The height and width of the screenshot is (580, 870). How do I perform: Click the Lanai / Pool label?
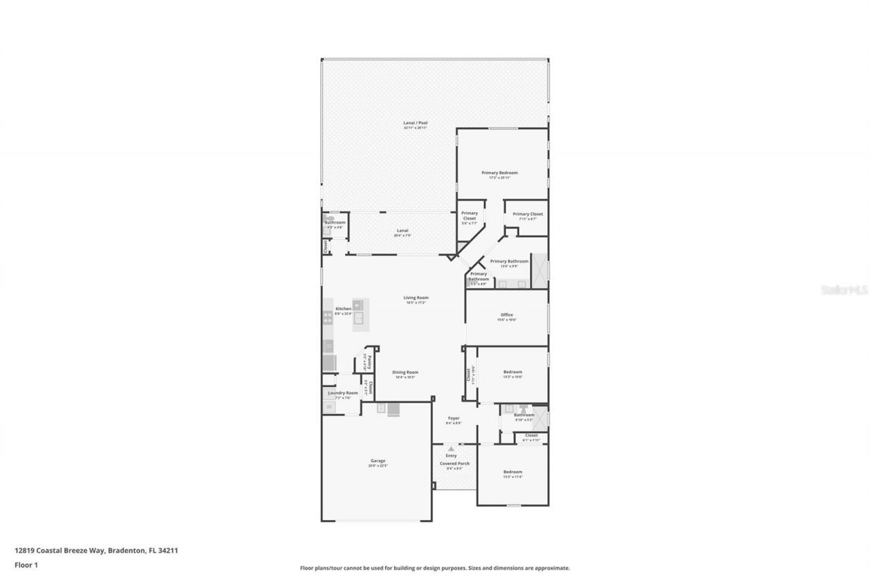pyautogui.click(x=415, y=123)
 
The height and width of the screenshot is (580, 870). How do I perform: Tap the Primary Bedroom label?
pyautogui.click(x=500, y=173)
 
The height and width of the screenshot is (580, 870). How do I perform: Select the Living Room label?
pyautogui.click(x=416, y=298)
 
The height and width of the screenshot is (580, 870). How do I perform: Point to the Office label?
pyautogui.click(x=506, y=315)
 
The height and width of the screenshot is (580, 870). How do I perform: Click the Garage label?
pyautogui.click(x=378, y=461)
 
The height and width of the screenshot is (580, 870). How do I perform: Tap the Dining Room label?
pyautogui.click(x=405, y=372)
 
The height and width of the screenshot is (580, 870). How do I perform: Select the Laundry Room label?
pyautogui.click(x=343, y=393)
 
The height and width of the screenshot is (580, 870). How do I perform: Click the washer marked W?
pyautogui.click(x=329, y=407)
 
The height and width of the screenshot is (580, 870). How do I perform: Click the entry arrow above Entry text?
pyautogui.click(x=451, y=449)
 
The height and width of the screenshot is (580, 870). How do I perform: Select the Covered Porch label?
pyautogui.click(x=454, y=464)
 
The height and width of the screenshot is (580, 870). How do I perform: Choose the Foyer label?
pyautogui.click(x=453, y=418)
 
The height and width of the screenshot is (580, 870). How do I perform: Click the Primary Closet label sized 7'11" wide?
pyautogui.click(x=527, y=214)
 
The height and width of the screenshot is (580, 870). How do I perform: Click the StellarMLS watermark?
pyautogui.click(x=845, y=290)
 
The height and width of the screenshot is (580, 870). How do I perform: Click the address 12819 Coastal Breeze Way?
pyautogui.click(x=60, y=551)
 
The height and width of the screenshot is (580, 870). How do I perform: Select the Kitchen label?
pyautogui.click(x=343, y=309)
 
